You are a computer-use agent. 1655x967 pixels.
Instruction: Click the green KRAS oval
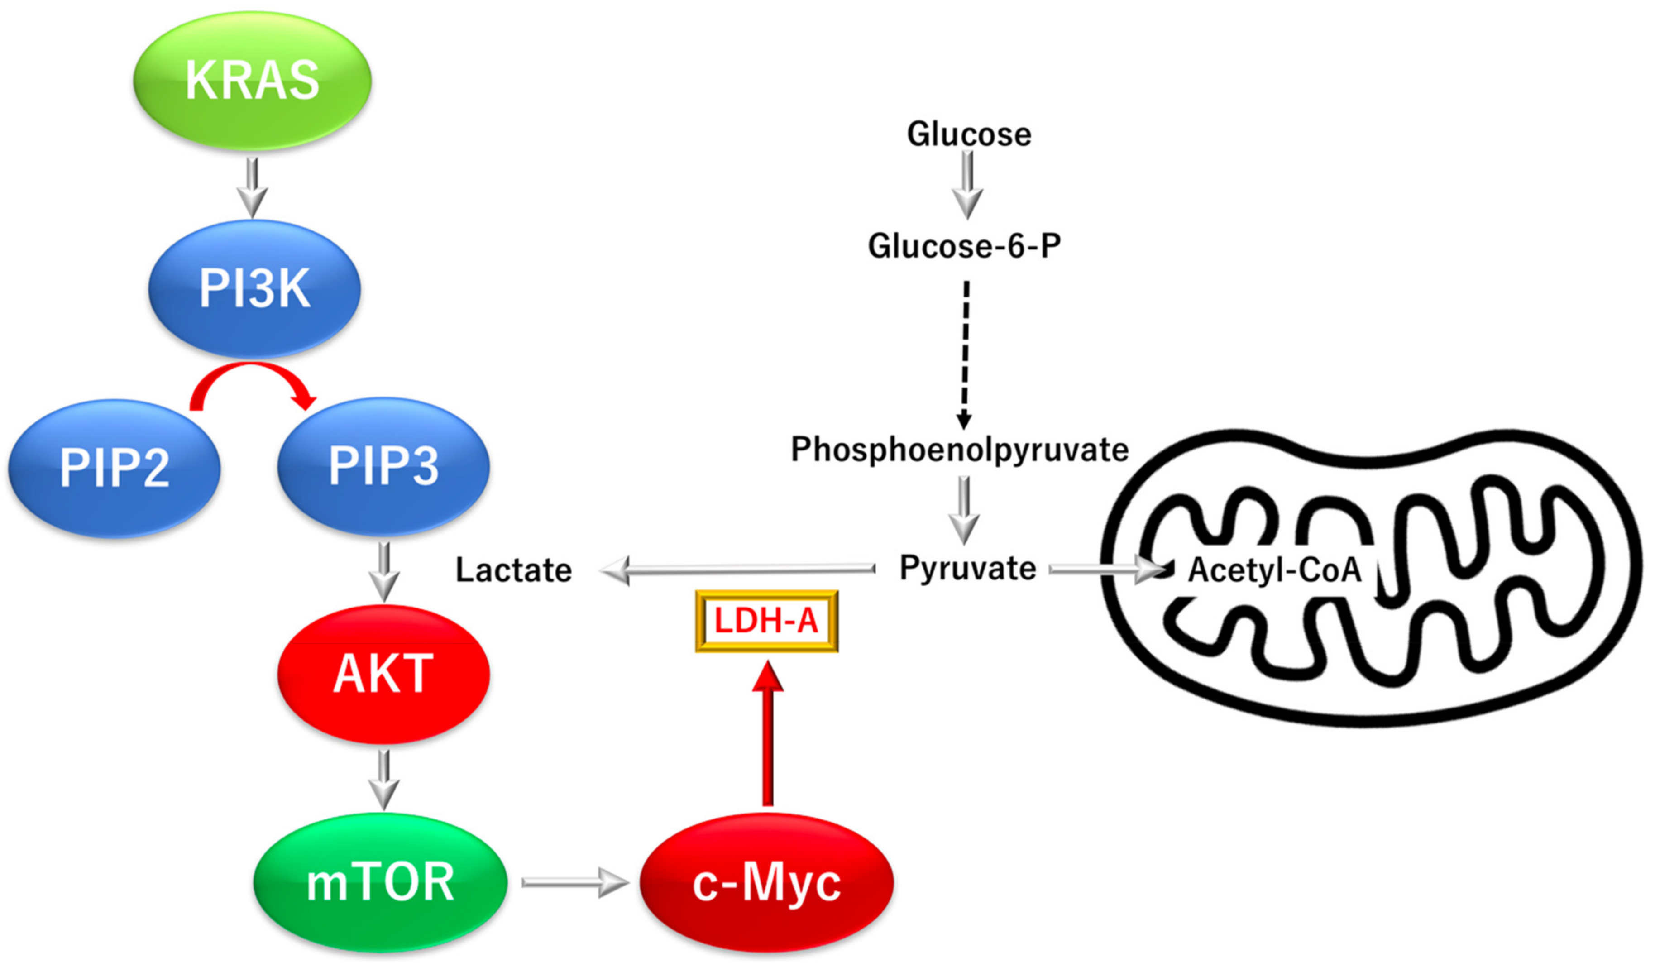(x=252, y=81)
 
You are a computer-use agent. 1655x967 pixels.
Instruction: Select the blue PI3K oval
(x=254, y=288)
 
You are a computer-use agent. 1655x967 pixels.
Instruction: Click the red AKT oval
(x=383, y=673)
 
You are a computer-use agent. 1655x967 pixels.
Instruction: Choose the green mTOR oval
(x=380, y=882)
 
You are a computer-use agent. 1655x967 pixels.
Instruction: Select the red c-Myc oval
(x=766, y=882)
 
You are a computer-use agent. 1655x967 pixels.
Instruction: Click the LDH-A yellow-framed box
(x=766, y=621)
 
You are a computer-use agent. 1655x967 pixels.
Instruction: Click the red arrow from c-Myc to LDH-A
(x=767, y=736)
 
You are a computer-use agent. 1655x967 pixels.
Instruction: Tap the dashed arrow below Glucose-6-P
(x=965, y=355)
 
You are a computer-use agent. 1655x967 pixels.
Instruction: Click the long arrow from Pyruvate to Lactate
(x=739, y=569)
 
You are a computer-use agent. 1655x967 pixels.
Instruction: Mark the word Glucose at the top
(x=969, y=134)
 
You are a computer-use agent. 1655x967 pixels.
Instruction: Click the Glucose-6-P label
(x=964, y=246)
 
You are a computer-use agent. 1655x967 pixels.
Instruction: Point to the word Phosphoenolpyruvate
(x=960, y=450)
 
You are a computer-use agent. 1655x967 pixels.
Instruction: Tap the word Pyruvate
(x=967, y=568)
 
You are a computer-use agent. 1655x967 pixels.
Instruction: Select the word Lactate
(x=514, y=570)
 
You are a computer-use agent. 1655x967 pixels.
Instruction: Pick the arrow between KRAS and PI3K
(x=252, y=186)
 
